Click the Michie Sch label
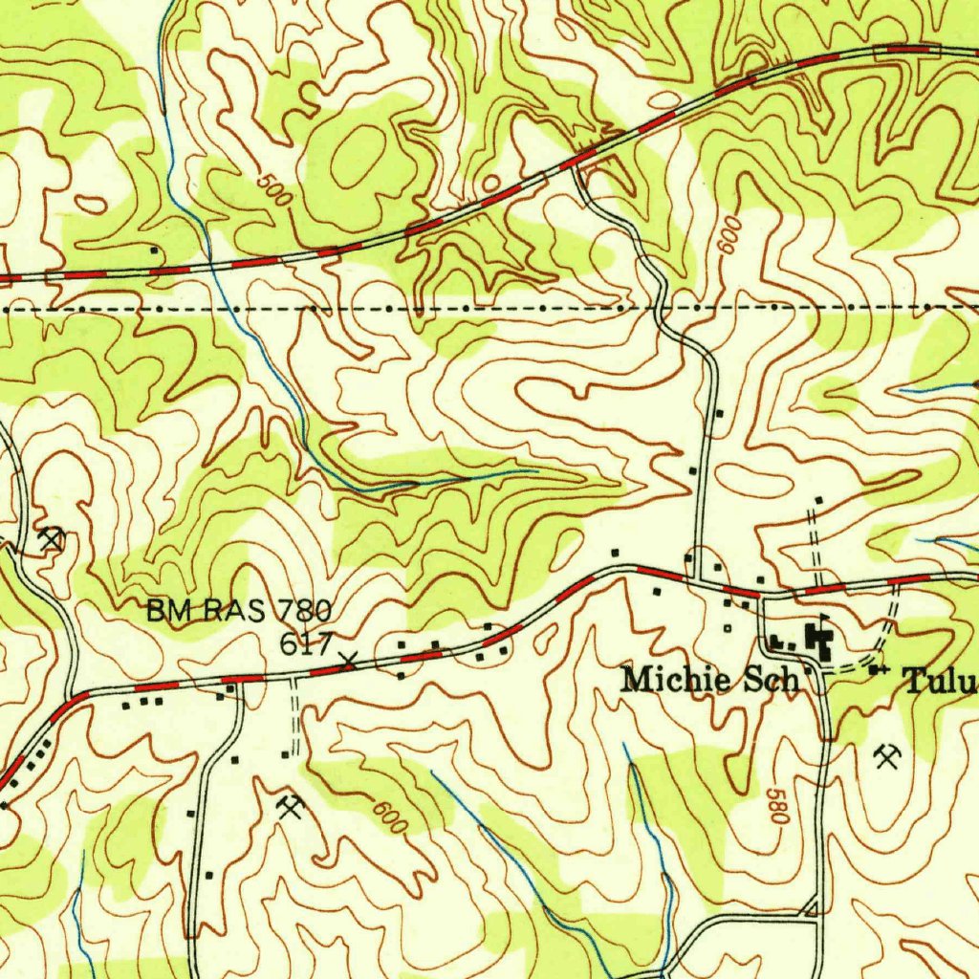click(x=709, y=680)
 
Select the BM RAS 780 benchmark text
click(x=238, y=610)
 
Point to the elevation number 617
click(x=305, y=643)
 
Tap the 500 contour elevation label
click(x=275, y=192)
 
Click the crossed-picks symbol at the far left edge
click(x=51, y=539)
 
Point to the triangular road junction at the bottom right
click(x=812, y=906)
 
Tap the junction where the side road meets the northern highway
click(x=576, y=166)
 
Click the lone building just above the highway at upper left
click(x=154, y=250)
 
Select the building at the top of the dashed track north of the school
click(x=818, y=500)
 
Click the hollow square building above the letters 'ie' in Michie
click(x=727, y=628)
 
